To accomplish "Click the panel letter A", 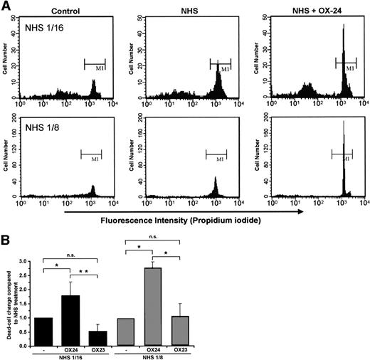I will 6,6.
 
